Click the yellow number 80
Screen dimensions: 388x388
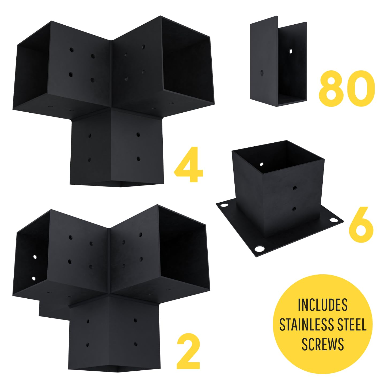tap(347, 88)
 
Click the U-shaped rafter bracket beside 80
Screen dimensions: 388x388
tap(278, 62)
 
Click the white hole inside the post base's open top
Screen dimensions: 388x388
tap(261, 164)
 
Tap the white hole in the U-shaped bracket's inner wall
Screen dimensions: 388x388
tap(291, 51)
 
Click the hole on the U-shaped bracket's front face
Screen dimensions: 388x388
tap(262, 73)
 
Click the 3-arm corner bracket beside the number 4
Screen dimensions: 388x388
tap(113, 101)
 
